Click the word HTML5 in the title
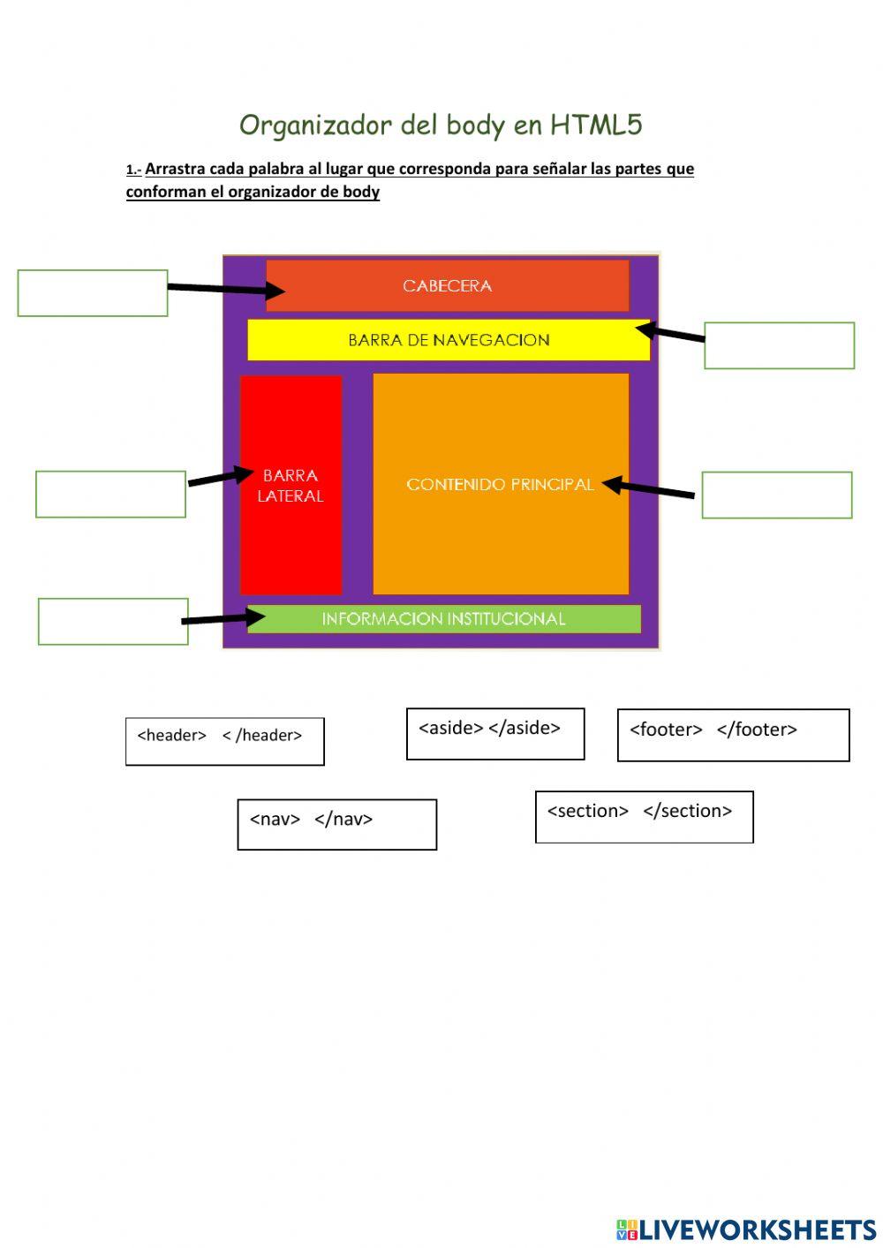(596, 125)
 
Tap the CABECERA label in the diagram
(447, 286)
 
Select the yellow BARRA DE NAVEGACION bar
(449, 340)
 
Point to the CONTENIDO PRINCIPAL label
(500, 485)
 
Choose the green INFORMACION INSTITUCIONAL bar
(443, 619)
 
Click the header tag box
(224, 741)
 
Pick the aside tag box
(494, 733)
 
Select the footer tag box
(733, 735)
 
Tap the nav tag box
(336, 824)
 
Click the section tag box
(644, 817)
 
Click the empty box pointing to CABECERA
(93, 293)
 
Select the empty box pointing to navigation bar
(779, 345)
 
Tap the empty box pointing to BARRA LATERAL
(110, 494)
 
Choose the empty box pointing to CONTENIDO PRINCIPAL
(776, 495)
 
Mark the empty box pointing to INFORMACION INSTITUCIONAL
(113, 621)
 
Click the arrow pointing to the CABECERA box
(225, 289)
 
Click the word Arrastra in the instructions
(175, 169)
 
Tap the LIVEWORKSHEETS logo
(746, 1229)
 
